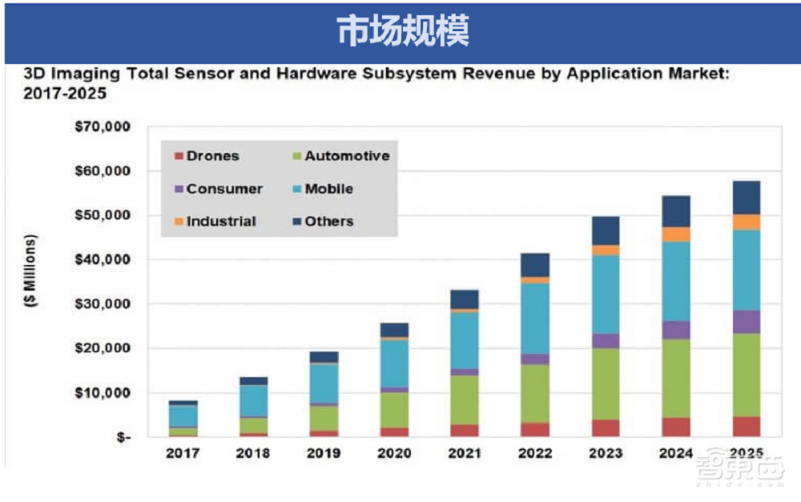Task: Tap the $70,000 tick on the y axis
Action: click(x=103, y=127)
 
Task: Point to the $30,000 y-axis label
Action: click(x=103, y=304)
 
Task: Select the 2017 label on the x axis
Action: click(x=183, y=453)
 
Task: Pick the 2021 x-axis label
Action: click(x=465, y=453)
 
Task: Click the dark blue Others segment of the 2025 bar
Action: click(x=747, y=197)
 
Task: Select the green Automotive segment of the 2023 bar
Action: click(x=606, y=384)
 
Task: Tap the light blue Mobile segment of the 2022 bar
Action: click(x=535, y=319)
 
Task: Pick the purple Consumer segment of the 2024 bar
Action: click(x=676, y=330)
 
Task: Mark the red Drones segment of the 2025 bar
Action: click(x=747, y=427)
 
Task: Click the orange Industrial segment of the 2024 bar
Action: click(x=676, y=235)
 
